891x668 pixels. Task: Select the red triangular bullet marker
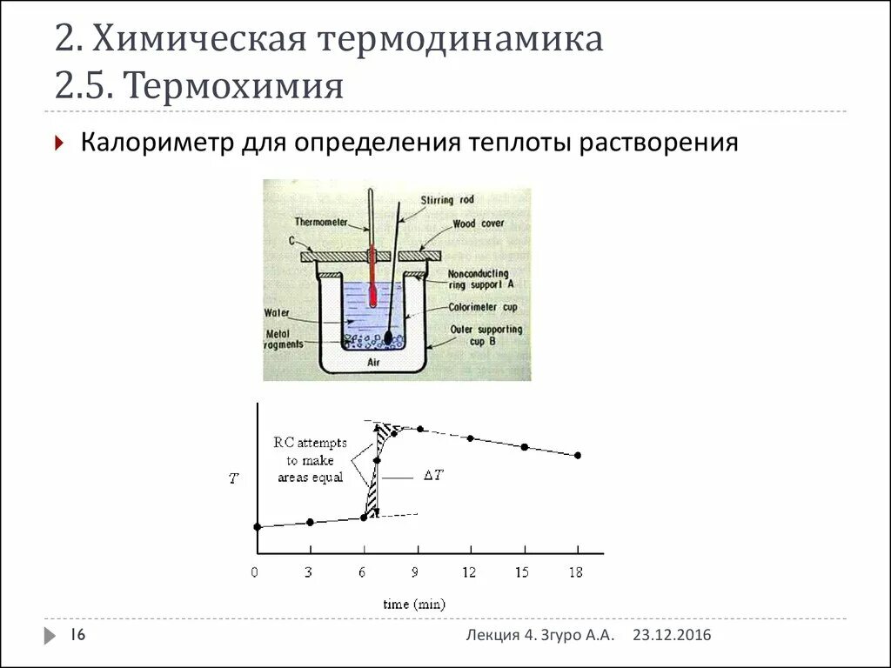(58, 144)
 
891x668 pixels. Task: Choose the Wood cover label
(478, 224)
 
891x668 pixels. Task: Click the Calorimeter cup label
(483, 306)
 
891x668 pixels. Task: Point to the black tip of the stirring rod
(388, 336)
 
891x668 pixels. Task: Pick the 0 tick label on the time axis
(255, 572)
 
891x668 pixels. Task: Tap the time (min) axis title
(415, 604)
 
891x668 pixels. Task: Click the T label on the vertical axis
(232, 478)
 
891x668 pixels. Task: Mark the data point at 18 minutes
(578, 455)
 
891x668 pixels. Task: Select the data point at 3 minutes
(311, 522)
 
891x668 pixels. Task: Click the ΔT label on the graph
(433, 476)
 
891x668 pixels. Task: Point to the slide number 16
(77, 636)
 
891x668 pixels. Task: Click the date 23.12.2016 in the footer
(672, 636)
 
